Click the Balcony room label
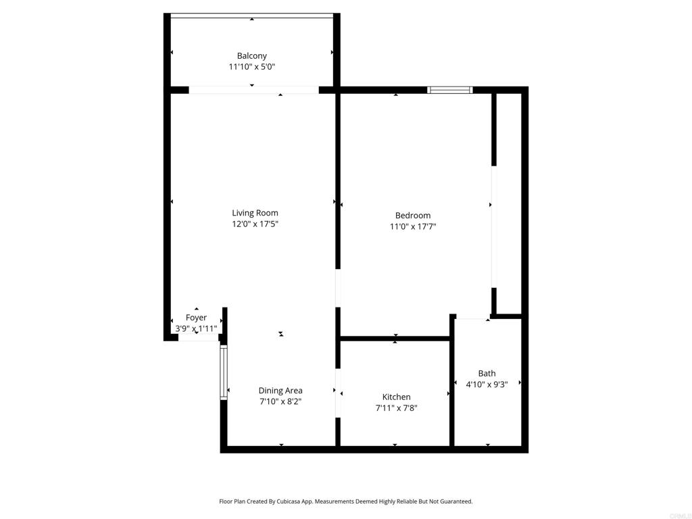click(251, 56)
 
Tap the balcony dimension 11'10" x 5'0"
click(251, 67)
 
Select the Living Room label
click(255, 213)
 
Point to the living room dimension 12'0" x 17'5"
click(255, 224)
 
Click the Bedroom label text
click(412, 216)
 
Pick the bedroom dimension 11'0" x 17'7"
click(412, 227)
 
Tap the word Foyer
click(196, 318)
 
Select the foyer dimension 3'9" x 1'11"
click(196, 328)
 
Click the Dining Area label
click(280, 391)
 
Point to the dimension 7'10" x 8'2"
click(280, 401)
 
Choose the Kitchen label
click(396, 397)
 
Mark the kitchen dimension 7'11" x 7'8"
click(396, 407)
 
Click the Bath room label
click(487, 373)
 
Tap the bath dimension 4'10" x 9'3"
click(487, 384)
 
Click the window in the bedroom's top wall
click(450, 89)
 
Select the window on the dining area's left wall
click(224, 373)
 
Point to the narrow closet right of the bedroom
click(509, 203)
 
